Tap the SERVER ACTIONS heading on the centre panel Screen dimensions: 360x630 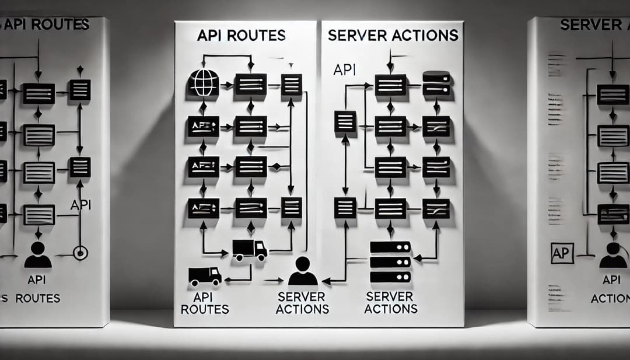pos(393,36)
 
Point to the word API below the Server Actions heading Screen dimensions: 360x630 pos(344,71)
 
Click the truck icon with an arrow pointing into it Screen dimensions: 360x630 pos(250,250)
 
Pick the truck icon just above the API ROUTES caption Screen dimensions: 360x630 pos(205,275)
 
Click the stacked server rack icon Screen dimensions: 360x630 pos(390,262)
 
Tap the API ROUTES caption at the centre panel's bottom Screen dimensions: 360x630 pos(205,303)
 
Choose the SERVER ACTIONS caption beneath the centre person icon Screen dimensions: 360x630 pos(302,302)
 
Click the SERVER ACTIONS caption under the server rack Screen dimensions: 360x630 pos(391,302)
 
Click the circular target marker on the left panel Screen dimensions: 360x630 pos(80,253)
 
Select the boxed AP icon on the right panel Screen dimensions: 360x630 pos(563,254)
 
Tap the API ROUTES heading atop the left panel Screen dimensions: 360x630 pos(47,25)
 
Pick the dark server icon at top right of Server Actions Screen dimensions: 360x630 pos(436,83)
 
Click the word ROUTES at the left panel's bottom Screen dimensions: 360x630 pos(37,298)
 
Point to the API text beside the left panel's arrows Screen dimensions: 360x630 pos(80,205)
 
